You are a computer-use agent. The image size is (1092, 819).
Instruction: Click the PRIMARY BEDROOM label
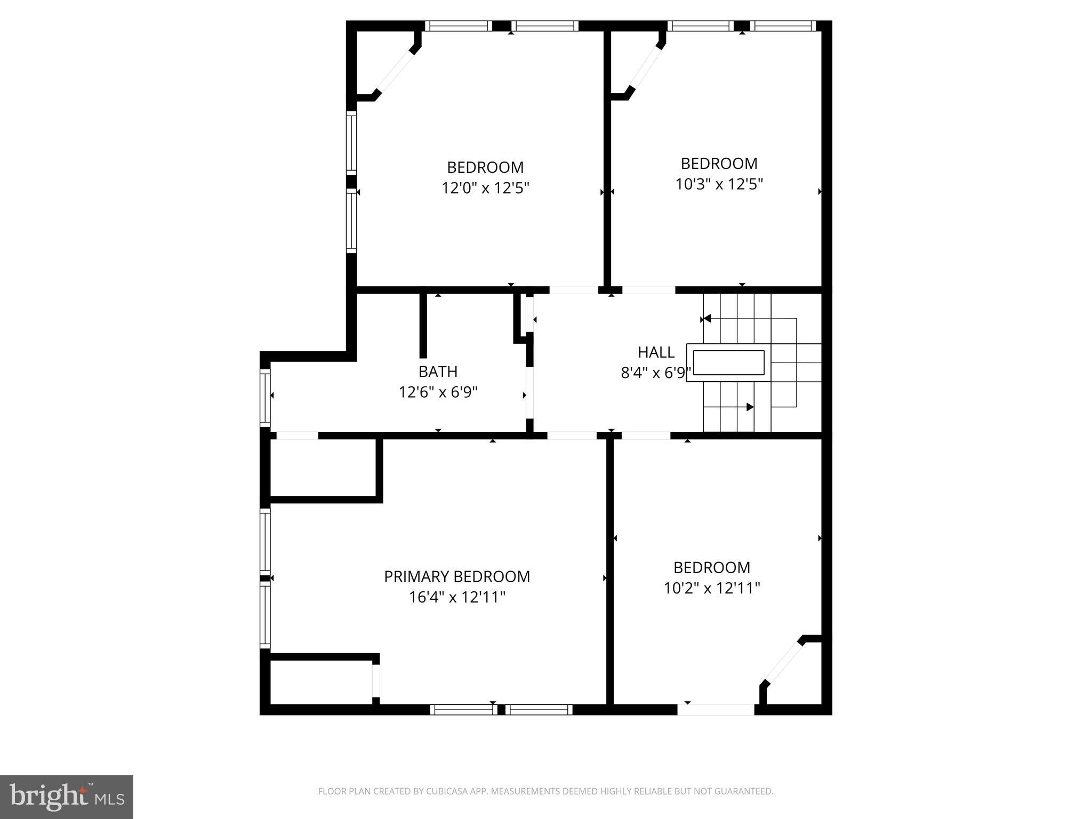[x=457, y=576]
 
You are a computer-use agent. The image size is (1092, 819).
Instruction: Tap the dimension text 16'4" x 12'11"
[x=457, y=597]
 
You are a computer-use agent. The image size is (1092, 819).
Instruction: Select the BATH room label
[x=438, y=371]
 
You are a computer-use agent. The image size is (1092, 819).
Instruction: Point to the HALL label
[x=656, y=352]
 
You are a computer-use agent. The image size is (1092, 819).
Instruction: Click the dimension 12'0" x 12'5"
[x=485, y=188]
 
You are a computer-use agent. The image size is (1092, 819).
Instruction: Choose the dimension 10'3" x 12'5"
[x=719, y=184]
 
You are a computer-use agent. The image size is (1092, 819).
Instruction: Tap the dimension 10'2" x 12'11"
[x=711, y=588]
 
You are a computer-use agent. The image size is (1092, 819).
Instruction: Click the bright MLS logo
[x=66, y=797]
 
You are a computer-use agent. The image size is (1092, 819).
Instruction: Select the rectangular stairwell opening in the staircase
[x=728, y=363]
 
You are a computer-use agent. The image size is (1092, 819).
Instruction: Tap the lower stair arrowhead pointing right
[x=750, y=407]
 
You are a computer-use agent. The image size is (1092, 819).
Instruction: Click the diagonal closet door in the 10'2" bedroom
[x=783, y=663]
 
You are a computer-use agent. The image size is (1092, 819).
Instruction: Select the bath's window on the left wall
[x=265, y=397]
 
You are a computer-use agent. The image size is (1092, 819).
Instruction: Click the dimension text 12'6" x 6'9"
[x=438, y=392]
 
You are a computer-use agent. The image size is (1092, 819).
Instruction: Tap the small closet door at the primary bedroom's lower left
[x=375, y=680]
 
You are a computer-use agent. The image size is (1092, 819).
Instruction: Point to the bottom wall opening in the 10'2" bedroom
[x=716, y=709]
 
